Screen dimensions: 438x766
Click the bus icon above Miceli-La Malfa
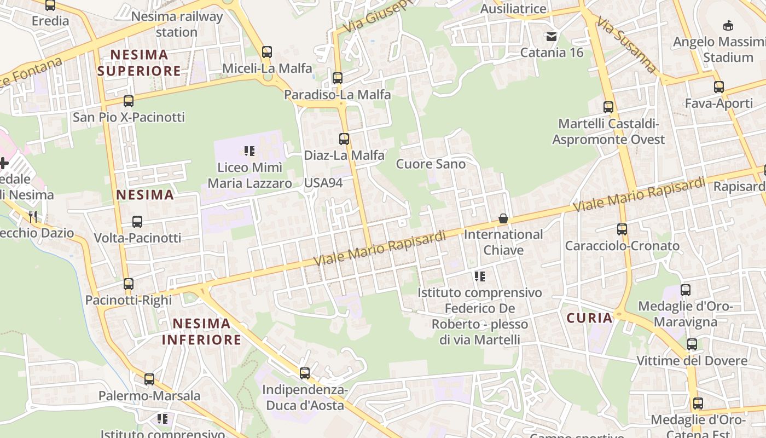[x=267, y=52]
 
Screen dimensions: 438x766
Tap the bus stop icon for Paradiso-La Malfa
[x=338, y=78]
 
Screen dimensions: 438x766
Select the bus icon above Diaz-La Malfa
[x=344, y=139]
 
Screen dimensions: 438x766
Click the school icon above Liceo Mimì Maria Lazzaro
[x=249, y=151]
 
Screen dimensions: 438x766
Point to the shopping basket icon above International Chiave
[x=503, y=218]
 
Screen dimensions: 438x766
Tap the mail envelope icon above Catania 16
[x=552, y=37]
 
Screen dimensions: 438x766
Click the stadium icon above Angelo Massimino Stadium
[x=728, y=25]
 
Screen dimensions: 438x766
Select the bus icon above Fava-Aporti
[x=719, y=87]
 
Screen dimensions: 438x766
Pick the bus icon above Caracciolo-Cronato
[x=622, y=229]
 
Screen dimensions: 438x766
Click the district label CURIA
[x=589, y=318]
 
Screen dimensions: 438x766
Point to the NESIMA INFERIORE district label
[x=201, y=332]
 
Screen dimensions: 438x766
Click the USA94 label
[x=323, y=183]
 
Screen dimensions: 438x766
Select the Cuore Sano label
[x=431, y=164]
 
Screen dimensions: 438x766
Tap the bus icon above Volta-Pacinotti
[x=137, y=222]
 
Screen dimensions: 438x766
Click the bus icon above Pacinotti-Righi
[x=129, y=284]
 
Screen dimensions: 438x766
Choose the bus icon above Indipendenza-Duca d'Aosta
[x=305, y=373]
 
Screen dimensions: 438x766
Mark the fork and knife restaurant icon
[x=33, y=216]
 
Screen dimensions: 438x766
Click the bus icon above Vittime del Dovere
[x=692, y=344]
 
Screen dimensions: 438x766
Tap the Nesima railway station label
[x=177, y=24]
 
